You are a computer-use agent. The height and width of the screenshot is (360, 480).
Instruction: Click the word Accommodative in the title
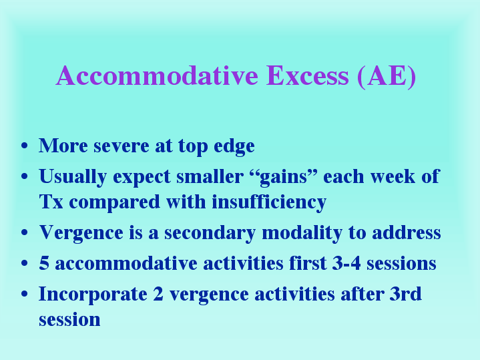click(x=157, y=75)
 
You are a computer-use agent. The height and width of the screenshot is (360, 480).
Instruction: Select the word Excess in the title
click(x=307, y=75)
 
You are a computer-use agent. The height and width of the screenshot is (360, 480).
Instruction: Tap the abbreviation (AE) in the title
click(x=387, y=77)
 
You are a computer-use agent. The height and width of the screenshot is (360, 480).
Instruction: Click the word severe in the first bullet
click(x=122, y=146)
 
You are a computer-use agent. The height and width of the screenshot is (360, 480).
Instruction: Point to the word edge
click(x=234, y=147)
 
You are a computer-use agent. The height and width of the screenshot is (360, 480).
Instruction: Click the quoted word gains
click(x=284, y=178)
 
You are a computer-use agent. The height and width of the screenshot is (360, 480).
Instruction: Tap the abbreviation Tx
click(x=51, y=202)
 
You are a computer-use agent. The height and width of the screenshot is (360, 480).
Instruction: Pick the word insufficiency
click(x=269, y=203)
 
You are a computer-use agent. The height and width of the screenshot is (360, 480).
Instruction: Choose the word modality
click(x=302, y=234)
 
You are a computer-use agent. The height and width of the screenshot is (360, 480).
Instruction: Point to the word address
click(x=407, y=232)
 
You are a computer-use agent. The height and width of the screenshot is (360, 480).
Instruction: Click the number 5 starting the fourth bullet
click(x=44, y=263)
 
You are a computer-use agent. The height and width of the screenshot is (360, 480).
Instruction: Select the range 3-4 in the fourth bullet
click(x=346, y=263)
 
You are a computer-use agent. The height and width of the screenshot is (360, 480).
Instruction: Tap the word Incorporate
click(x=93, y=295)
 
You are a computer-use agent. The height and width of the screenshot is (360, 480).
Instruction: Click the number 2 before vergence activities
click(x=158, y=293)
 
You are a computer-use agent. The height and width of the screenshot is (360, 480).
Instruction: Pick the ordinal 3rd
click(x=406, y=293)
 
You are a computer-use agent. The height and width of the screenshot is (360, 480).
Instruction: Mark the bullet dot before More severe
click(x=25, y=146)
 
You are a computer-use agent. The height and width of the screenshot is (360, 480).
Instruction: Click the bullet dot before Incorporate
click(x=25, y=294)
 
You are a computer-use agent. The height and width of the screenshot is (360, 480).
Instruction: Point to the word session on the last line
click(x=69, y=320)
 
